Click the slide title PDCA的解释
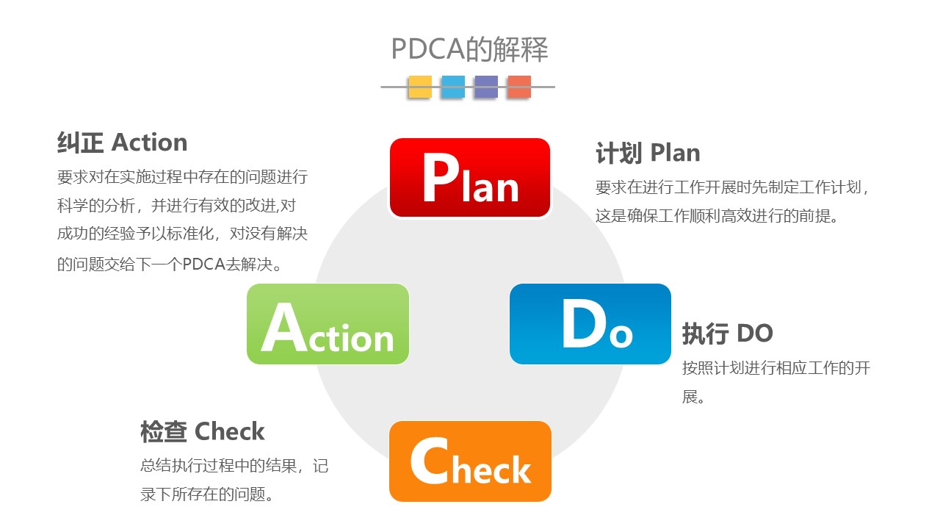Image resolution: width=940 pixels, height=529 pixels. pos(469,49)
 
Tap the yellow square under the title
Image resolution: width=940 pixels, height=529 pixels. pos(419,87)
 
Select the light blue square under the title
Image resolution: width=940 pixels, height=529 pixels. pos(453,87)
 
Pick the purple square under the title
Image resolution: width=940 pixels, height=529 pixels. pos(486,87)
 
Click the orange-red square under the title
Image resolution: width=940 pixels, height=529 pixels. pos(519,87)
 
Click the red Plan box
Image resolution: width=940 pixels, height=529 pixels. pos(470,178)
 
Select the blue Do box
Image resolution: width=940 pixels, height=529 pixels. pos(590,324)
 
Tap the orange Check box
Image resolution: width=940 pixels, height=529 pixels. pos(470,461)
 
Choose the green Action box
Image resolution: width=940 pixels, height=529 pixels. pos(328,324)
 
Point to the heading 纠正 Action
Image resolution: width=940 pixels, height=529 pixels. pos(122,143)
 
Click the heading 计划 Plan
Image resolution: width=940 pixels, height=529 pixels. pos(648,153)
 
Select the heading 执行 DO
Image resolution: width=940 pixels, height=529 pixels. pos(727,334)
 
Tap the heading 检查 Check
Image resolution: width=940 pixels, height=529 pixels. pos(202,431)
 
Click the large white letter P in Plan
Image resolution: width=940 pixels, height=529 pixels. pos(441,177)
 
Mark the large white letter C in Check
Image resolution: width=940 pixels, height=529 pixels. pos(430,461)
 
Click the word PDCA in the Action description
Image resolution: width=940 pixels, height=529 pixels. pos(203,264)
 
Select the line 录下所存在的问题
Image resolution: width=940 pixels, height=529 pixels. pos(207,494)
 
